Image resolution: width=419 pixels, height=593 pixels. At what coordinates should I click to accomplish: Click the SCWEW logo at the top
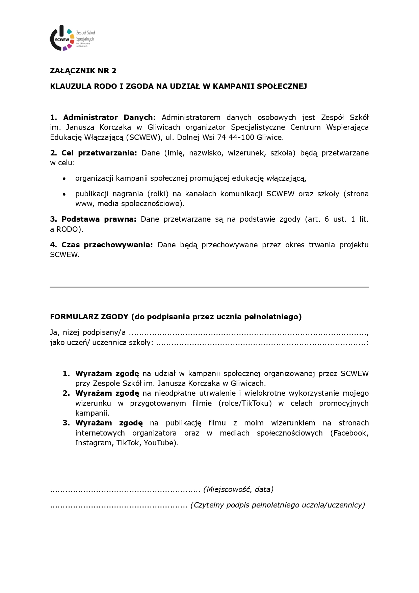pyautogui.click(x=72, y=39)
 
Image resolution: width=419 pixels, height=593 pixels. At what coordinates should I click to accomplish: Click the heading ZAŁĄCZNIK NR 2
pyautogui.click(x=83, y=71)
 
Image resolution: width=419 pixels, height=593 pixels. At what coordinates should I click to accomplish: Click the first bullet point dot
pyautogui.click(x=64, y=179)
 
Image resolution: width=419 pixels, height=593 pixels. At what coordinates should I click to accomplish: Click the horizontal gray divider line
pyautogui.click(x=209, y=287)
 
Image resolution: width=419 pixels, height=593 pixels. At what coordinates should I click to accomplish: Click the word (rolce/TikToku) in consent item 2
pyautogui.click(x=245, y=403)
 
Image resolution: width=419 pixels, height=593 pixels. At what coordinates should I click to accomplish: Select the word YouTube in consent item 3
pyautogui.click(x=159, y=443)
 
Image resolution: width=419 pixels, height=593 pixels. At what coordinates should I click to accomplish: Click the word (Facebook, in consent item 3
pyautogui.click(x=349, y=433)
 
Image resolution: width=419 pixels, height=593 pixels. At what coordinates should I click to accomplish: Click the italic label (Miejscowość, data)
pyautogui.click(x=238, y=490)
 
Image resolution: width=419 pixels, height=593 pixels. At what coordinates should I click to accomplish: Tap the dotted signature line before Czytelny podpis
pyautogui.click(x=119, y=506)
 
